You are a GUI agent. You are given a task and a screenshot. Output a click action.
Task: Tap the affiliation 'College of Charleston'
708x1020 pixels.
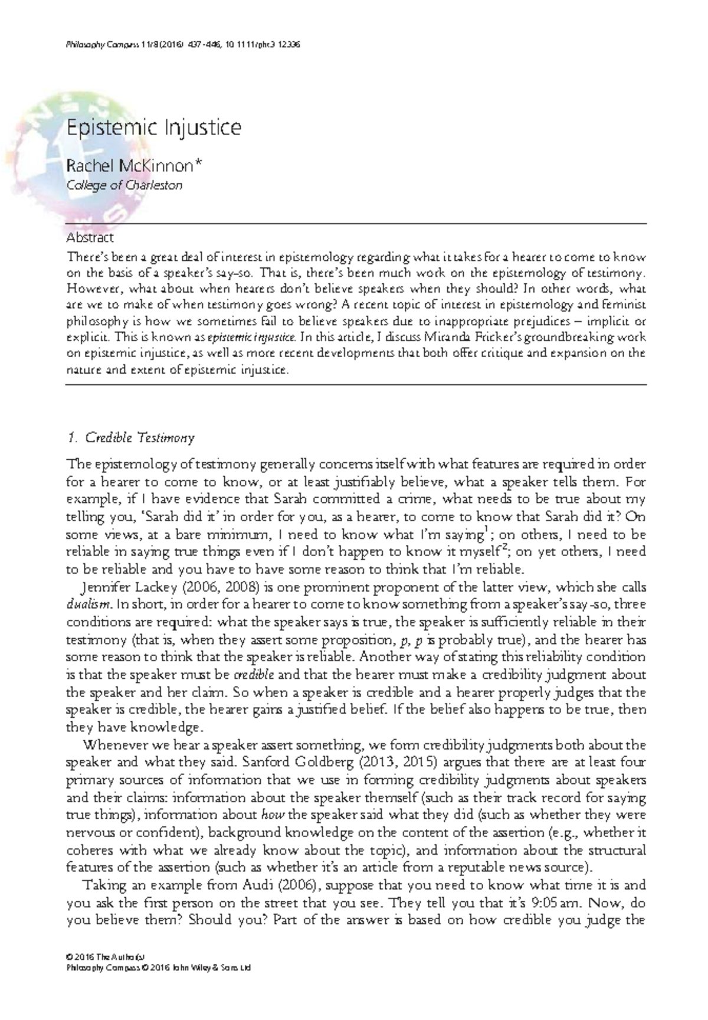[124, 185]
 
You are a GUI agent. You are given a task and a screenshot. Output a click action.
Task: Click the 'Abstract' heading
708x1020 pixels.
[90, 238]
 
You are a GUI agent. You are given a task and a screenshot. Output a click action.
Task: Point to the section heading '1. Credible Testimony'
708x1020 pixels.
[131, 438]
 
